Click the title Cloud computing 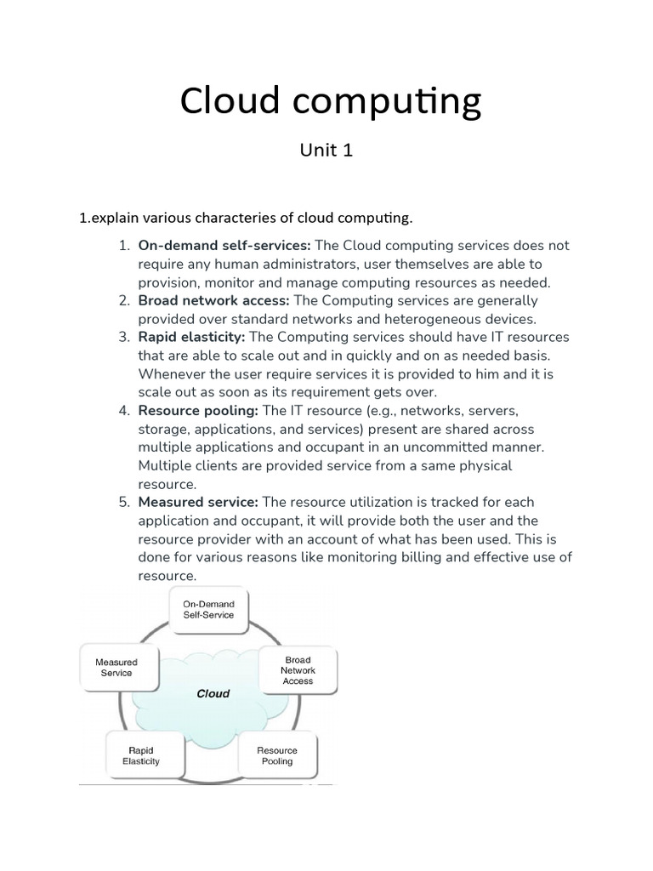(x=330, y=102)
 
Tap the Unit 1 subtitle (x=326, y=151)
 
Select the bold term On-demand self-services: (x=224, y=246)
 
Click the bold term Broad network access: (x=214, y=300)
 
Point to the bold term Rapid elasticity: (x=191, y=338)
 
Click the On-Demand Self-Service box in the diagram (x=208, y=610)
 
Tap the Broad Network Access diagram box (x=298, y=670)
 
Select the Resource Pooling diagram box (x=277, y=755)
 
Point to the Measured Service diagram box (x=116, y=667)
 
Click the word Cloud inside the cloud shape (x=213, y=693)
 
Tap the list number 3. (x=124, y=338)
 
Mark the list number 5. (x=124, y=502)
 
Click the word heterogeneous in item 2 (x=432, y=319)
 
